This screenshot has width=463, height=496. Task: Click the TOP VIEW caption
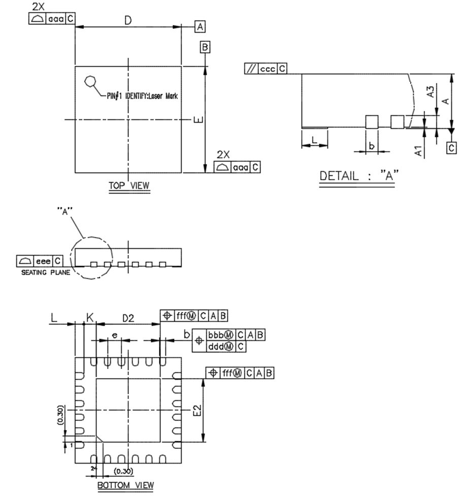[x=129, y=186]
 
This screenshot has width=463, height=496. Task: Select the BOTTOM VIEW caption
[x=125, y=485]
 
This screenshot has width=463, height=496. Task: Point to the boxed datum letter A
[x=200, y=27]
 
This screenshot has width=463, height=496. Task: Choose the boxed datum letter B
[x=205, y=47]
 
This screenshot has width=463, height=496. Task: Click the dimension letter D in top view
[x=128, y=20]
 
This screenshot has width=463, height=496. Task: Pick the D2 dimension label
[x=128, y=318]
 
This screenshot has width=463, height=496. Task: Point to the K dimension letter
[x=90, y=318]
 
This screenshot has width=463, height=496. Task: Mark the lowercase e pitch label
[x=115, y=336]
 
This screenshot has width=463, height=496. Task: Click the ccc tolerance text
[x=267, y=69]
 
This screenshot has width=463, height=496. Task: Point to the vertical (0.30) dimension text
[x=60, y=415]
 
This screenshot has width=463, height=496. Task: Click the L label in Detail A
[x=314, y=140]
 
